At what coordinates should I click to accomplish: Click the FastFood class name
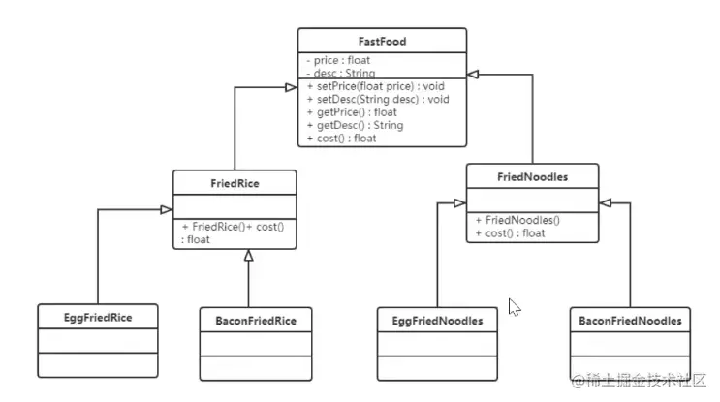point(381,42)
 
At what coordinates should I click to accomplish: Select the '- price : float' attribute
point(336,60)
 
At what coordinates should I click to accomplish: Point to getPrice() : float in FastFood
point(352,112)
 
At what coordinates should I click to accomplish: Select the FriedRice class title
point(234,183)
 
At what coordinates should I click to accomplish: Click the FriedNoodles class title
point(531,175)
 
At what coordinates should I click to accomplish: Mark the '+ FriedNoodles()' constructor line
point(517,220)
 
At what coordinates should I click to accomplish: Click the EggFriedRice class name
point(98,317)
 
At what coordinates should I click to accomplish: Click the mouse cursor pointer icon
point(515,307)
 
